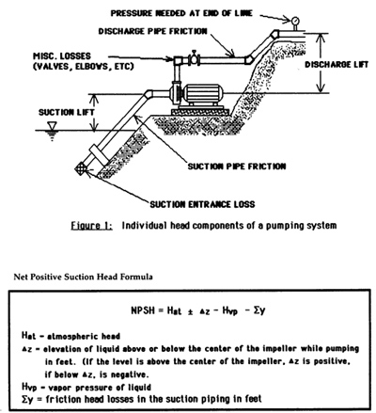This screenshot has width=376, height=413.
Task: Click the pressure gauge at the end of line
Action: [295, 22]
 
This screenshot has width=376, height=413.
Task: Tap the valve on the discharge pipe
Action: [194, 58]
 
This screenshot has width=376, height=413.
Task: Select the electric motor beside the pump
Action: [202, 94]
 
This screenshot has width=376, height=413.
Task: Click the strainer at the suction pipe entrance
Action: [81, 168]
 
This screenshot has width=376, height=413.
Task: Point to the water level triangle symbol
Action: [52, 126]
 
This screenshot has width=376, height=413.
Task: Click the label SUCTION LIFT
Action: [66, 112]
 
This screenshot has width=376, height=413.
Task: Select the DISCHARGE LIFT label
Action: [337, 65]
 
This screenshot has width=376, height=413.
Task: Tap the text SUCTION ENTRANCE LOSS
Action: [202, 204]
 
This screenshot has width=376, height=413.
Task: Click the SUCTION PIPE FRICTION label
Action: [237, 167]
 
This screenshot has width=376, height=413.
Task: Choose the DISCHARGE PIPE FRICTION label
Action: [153, 31]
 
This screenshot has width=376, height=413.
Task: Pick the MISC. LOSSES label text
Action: [62, 56]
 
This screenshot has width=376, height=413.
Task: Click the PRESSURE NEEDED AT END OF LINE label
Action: [181, 13]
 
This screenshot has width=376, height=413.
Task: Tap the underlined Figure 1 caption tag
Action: [91, 226]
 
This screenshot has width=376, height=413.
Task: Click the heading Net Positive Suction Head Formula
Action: [84, 277]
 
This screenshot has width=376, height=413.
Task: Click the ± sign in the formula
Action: [190, 311]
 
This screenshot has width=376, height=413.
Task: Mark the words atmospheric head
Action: [84, 337]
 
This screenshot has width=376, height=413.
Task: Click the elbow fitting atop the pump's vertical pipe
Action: [178, 60]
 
